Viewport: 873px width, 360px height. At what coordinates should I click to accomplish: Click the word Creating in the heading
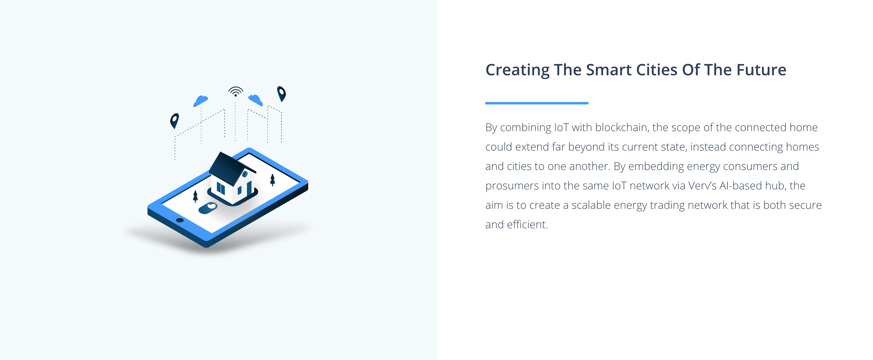click(517, 70)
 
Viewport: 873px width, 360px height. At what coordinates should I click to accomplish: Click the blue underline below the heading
click(537, 103)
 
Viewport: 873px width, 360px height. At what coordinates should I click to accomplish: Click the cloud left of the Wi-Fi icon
click(201, 101)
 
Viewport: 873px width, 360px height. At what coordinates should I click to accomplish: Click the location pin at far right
click(281, 94)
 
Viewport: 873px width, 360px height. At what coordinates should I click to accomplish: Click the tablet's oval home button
click(180, 220)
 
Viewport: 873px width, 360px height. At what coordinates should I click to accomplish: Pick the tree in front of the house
click(195, 196)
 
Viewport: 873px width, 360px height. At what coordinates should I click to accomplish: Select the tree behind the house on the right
click(272, 180)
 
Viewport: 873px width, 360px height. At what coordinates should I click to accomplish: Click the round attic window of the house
click(245, 174)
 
